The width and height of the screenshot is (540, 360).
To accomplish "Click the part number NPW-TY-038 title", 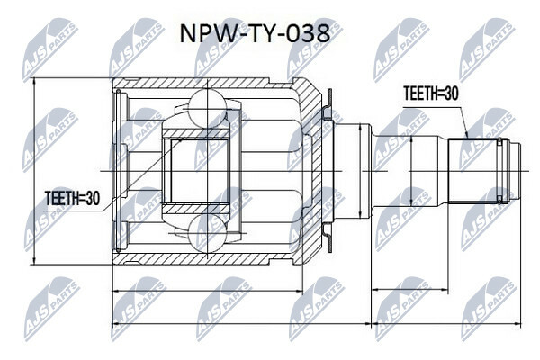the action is (256, 34).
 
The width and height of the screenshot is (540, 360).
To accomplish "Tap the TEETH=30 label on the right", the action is (431, 94).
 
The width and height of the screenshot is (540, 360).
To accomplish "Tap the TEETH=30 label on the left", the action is (72, 198).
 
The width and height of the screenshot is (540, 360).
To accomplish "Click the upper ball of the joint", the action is (208, 109).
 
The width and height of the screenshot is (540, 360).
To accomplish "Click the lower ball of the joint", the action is (208, 233).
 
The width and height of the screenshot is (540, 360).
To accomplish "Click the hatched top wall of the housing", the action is (207, 84).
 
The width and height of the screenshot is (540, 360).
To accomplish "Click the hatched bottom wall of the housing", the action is (207, 259).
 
